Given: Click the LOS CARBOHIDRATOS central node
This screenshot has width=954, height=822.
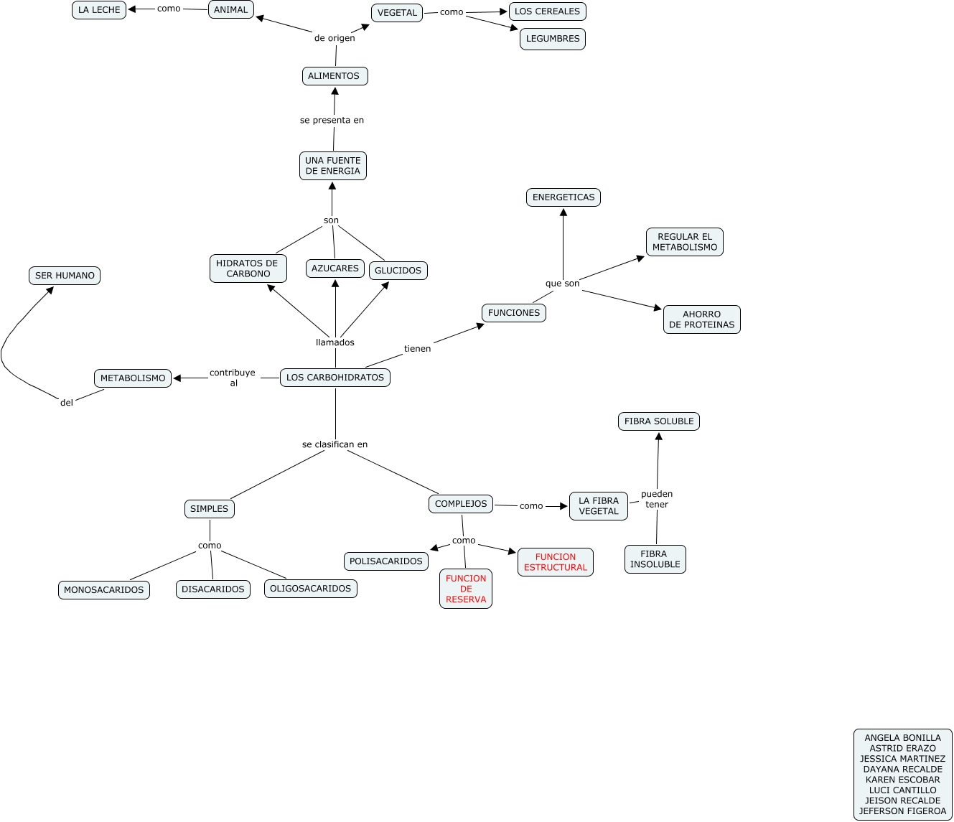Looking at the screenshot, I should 335,378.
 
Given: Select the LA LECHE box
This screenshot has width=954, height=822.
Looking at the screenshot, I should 99,10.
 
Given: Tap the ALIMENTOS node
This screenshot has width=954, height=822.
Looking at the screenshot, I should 335,76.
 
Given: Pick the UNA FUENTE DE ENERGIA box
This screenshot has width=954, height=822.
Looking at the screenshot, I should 333,166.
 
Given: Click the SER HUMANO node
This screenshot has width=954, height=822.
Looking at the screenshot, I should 65,276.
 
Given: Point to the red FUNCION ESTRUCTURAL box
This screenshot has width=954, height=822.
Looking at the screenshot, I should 556,562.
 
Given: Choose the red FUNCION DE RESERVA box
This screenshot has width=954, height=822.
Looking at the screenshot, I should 466,589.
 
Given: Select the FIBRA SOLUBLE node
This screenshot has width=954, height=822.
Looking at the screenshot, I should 659,421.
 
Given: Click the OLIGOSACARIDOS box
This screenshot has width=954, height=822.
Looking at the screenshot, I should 311,589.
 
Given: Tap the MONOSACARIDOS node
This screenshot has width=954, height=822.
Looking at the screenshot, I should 104,590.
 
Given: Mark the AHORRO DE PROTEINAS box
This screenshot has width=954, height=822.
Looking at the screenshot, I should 702,319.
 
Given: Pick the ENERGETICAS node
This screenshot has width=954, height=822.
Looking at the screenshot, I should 563,197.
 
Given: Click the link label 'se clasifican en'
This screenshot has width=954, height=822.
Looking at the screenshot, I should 335,444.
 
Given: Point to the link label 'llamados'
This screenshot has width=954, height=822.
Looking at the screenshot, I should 335,342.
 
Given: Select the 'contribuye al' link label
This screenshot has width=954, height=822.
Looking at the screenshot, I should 233,378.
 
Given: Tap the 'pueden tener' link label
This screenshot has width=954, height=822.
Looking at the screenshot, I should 657,499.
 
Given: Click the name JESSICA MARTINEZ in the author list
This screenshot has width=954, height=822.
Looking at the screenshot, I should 903,759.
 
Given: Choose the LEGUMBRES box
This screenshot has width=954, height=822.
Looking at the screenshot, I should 553,39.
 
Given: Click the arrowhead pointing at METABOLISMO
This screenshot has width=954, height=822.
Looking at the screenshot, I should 177,378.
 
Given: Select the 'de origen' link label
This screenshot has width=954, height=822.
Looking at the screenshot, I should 335,38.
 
